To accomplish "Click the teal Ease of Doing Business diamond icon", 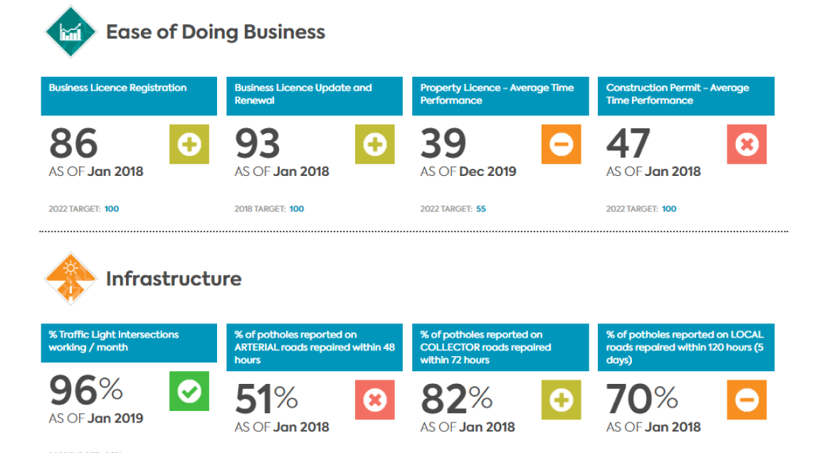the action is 70,32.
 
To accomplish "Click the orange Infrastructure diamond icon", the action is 70,278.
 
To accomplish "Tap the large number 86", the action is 73,143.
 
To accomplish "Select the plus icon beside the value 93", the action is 374,145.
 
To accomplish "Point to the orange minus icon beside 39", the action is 562,145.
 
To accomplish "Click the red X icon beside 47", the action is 747,145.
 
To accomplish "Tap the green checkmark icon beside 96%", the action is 189,391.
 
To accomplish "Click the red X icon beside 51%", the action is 374,400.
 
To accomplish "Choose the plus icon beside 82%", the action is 562,400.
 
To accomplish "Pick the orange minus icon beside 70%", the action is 747,400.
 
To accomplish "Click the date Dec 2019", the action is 487,172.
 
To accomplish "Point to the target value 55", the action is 480,209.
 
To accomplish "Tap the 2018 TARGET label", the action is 260,209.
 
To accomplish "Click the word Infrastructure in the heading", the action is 174,279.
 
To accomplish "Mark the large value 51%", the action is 266,400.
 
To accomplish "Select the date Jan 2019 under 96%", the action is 115,418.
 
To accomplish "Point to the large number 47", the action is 628,143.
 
